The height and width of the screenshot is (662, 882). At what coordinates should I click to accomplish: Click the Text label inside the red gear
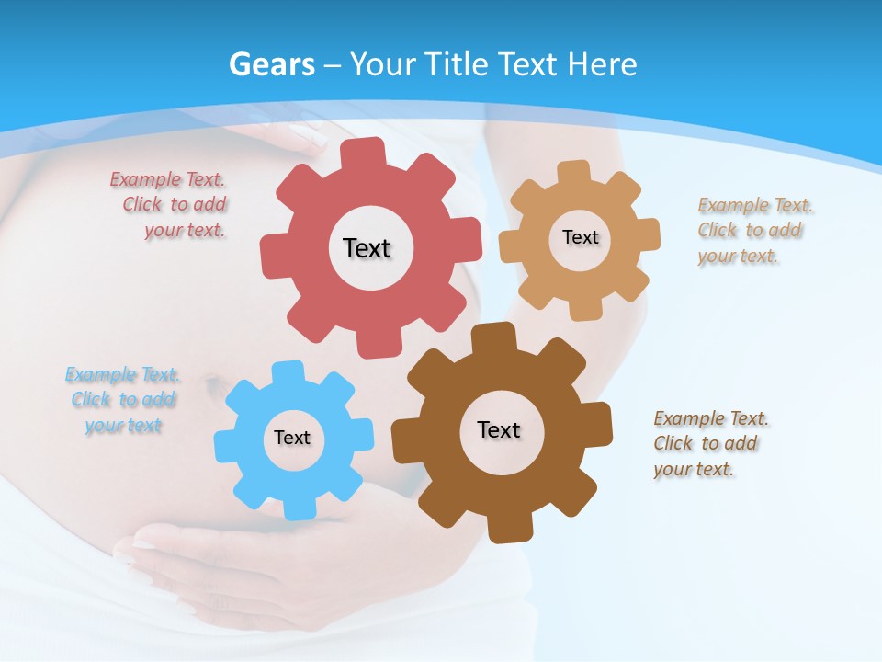367,248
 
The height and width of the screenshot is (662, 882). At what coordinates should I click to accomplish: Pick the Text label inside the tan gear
580,237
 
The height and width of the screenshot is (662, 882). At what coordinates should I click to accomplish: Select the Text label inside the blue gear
292,438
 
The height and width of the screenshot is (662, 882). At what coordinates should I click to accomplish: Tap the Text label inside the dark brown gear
499,429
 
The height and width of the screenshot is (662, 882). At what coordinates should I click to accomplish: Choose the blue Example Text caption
122,400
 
